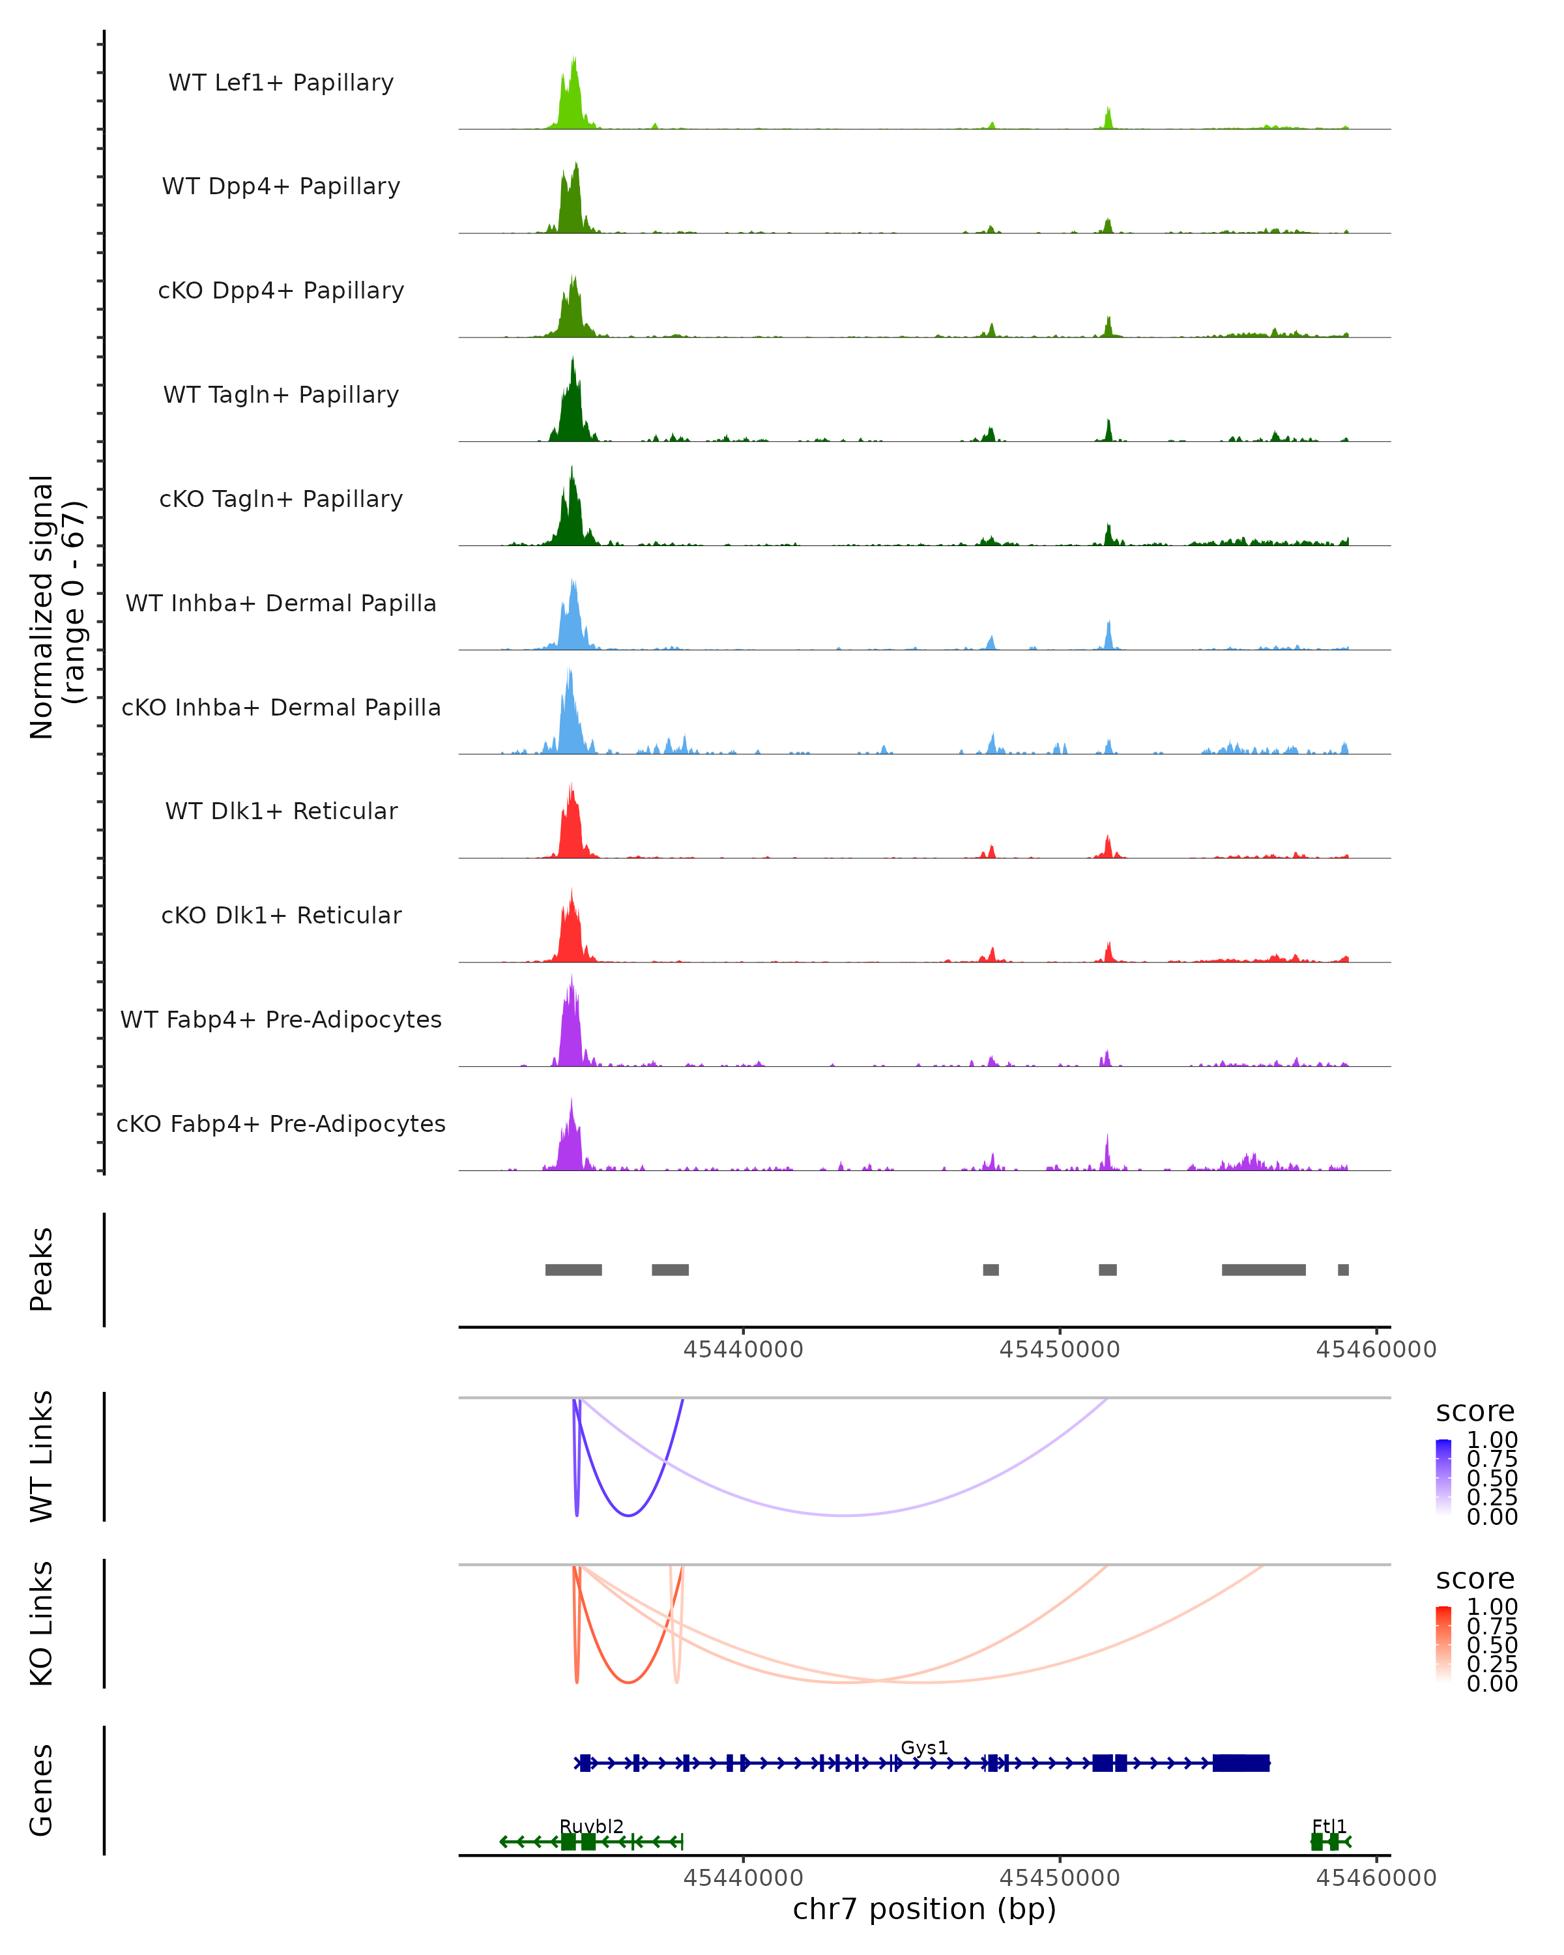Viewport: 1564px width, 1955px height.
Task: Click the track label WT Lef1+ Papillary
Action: pos(281,83)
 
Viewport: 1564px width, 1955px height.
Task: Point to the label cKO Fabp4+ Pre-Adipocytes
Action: pos(281,1123)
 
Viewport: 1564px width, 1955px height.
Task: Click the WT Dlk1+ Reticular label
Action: pos(281,811)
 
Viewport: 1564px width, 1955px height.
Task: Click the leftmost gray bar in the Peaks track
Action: pos(573,1269)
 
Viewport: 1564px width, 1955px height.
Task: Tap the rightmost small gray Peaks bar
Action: pos(1343,1269)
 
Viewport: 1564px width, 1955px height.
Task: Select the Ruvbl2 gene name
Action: pos(591,1826)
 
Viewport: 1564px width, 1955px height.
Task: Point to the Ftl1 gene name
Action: pos(1329,1826)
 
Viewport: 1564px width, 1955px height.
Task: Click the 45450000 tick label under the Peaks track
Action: pos(1059,1350)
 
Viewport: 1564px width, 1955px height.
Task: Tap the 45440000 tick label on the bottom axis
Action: pos(742,1878)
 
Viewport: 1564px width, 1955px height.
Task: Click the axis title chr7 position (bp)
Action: pos(924,1909)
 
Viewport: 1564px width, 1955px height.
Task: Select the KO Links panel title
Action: pos(42,1623)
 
